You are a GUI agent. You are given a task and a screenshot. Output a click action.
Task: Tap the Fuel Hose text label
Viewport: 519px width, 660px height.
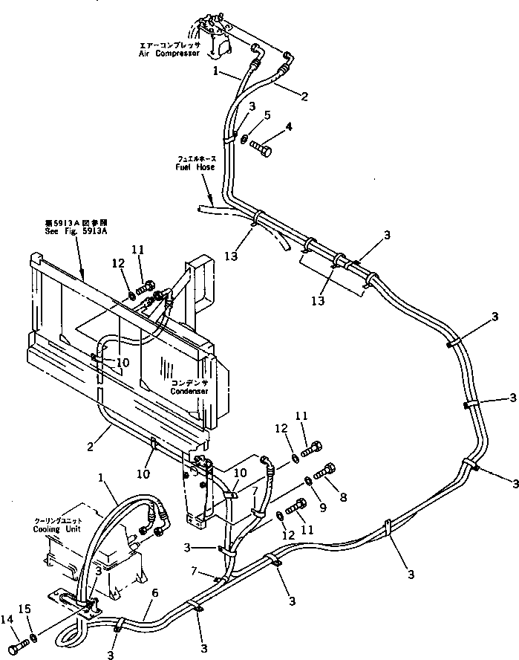click(195, 167)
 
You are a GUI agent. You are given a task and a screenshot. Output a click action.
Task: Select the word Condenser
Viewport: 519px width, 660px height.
click(186, 390)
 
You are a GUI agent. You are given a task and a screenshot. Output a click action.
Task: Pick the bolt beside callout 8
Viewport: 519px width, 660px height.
click(327, 470)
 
